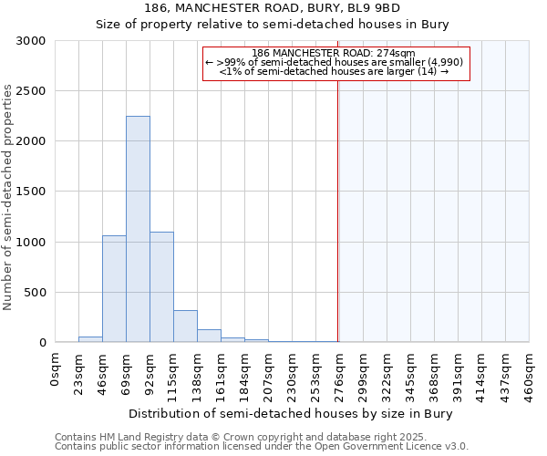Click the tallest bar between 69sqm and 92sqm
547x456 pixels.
tap(138, 229)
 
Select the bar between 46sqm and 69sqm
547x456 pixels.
tap(114, 288)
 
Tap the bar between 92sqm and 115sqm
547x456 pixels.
tap(161, 286)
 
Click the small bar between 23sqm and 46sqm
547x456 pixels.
tap(90, 339)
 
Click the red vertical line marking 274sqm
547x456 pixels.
tap(337, 210)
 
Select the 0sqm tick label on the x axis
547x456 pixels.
tap(56, 368)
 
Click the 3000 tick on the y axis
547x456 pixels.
tap(31, 41)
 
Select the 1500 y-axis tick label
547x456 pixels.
tap(31, 192)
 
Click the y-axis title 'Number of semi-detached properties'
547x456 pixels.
tap(8, 197)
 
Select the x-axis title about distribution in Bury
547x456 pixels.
tap(291, 413)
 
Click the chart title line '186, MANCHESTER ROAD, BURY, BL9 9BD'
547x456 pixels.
tap(273, 8)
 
